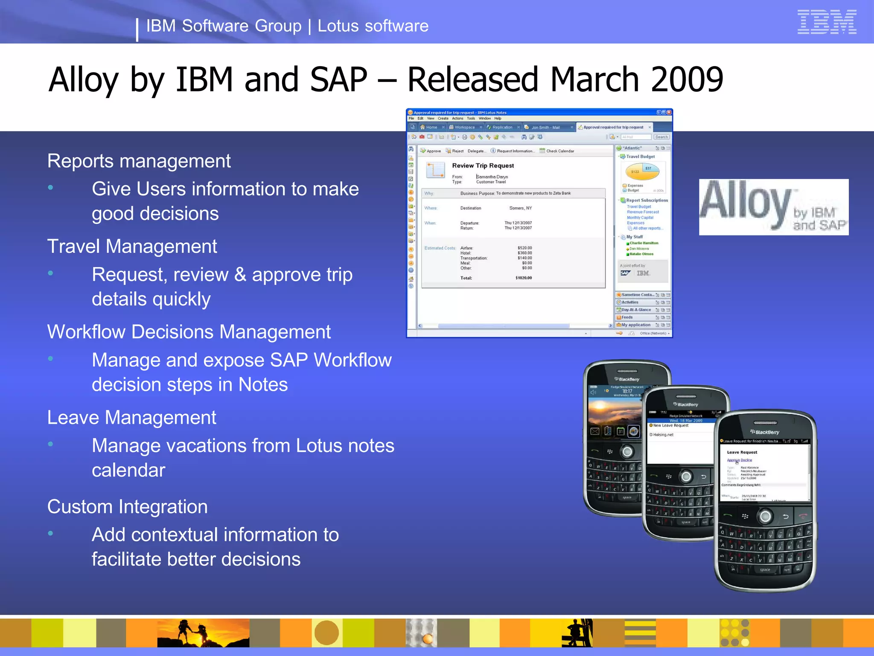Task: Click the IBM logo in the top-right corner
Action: (827, 22)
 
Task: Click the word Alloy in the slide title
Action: (83, 80)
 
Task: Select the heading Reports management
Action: (139, 161)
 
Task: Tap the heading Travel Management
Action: (132, 246)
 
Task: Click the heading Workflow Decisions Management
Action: (189, 332)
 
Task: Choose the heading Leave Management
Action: (131, 417)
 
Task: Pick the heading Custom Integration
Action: (127, 507)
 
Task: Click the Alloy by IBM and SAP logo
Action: (773, 207)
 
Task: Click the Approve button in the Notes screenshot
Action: (431, 151)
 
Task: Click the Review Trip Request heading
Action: (483, 166)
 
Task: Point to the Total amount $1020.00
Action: (524, 278)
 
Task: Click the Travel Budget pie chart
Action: (642, 172)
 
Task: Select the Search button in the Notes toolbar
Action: (661, 137)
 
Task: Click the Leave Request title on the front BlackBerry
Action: (742, 452)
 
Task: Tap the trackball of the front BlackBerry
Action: (765, 517)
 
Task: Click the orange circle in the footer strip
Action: (326, 633)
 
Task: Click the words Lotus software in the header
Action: (373, 26)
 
